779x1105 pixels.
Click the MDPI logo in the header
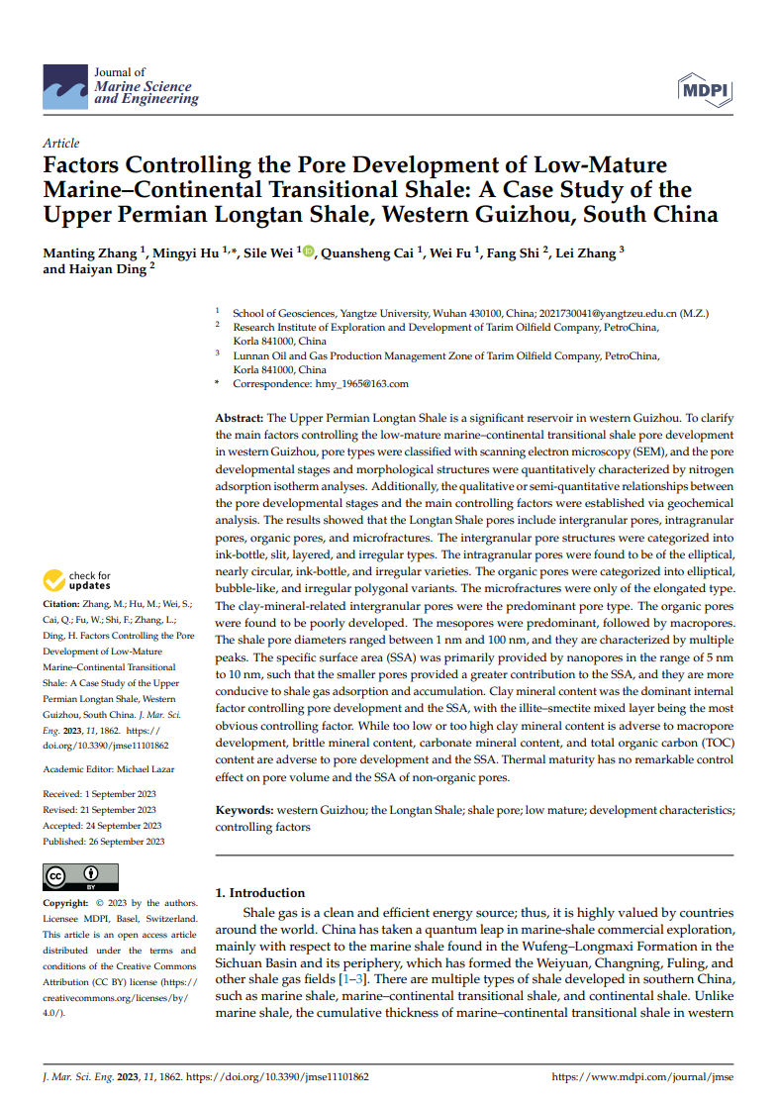click(704, 91)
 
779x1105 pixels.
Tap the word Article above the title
click(61, 144)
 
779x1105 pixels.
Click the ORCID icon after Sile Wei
click(308, 252)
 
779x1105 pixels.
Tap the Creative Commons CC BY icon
click(80, 877)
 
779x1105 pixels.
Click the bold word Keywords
click(244, 810)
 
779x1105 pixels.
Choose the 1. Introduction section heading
click(260, 892)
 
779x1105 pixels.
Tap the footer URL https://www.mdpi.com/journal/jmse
click(641, 1076)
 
